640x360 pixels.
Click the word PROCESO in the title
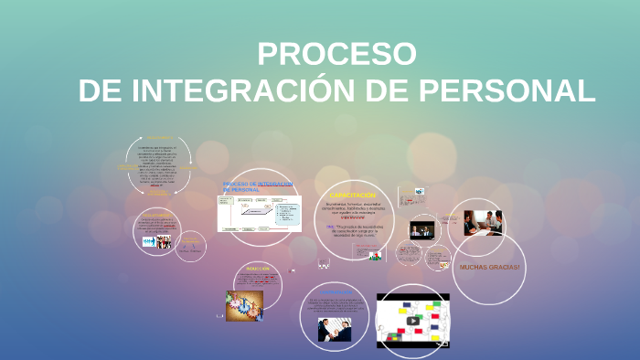click(336, 54)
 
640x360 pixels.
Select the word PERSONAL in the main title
click(507, 90)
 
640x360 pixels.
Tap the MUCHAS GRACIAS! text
click(489, 267)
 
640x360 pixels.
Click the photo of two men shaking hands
click(334, 328)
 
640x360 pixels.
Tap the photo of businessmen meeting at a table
click(482, 223)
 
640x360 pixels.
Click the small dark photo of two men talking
click(421, 230)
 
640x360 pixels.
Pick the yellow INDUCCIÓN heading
click(258, 269)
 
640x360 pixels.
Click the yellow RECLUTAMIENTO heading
click(156, 216)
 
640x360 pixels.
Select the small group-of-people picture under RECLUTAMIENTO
click(156, 242)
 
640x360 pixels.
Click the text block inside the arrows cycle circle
click(157, 164)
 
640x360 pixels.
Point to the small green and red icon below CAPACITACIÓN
click(375, 256)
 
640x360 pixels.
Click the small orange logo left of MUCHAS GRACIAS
click(443, 266)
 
